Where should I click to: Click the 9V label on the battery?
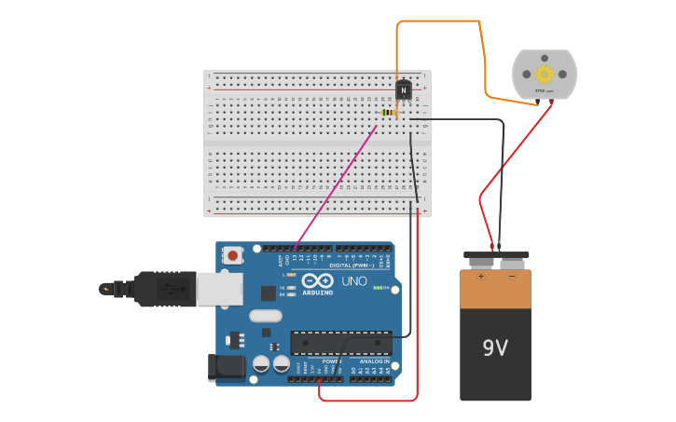pyautogui.click(x=495, y=348)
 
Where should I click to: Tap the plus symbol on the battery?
pyautogui.click(x=481, y=276)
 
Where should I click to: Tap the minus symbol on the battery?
pyautogui.click(x=511, y=276)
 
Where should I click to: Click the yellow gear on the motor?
pyautogui.click(x=545, y=75)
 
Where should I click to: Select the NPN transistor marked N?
pyautogui.click(x=403, y=90)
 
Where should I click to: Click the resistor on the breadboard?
pyautogui.click(x=390, y=113)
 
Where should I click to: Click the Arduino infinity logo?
pyautogui.click(x=318, y=281)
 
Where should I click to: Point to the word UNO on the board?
pyautogui.click(x=354, y=281)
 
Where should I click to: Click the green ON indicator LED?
pyautogui.click(x=377, y=288)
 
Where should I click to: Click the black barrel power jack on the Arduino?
pyautogui.click(x=226, y=368)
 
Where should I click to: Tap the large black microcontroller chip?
pyautogui.click(x=340, y=343)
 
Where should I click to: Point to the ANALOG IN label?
pyautogui.click(x=373, y=361)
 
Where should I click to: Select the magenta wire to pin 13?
pyautogui.click(x=336, y=186)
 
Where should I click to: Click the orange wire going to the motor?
pyautogui.click(x=438, y=21)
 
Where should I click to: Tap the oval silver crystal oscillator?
pyautogui.click(x=264, y=316)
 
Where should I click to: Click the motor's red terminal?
pyautogui.click(x=551, y=102)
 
